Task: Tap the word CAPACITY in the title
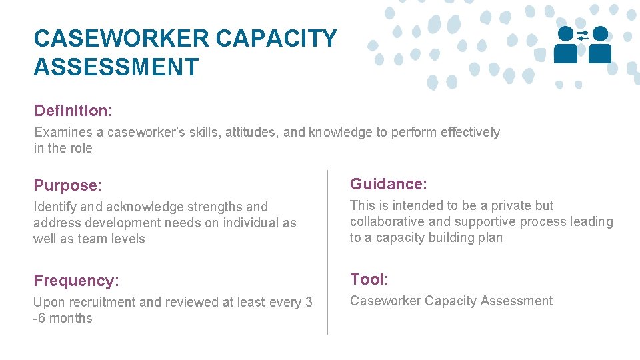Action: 277,39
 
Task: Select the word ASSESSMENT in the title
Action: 116,67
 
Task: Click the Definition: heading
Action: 73,111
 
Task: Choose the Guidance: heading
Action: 389,184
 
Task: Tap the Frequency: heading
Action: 76,281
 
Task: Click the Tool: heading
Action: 369,279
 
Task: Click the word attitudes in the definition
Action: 252,132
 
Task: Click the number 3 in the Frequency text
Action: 309,303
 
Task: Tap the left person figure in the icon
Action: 566,45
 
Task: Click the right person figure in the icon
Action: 600,45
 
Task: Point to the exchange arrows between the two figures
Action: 583,35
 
